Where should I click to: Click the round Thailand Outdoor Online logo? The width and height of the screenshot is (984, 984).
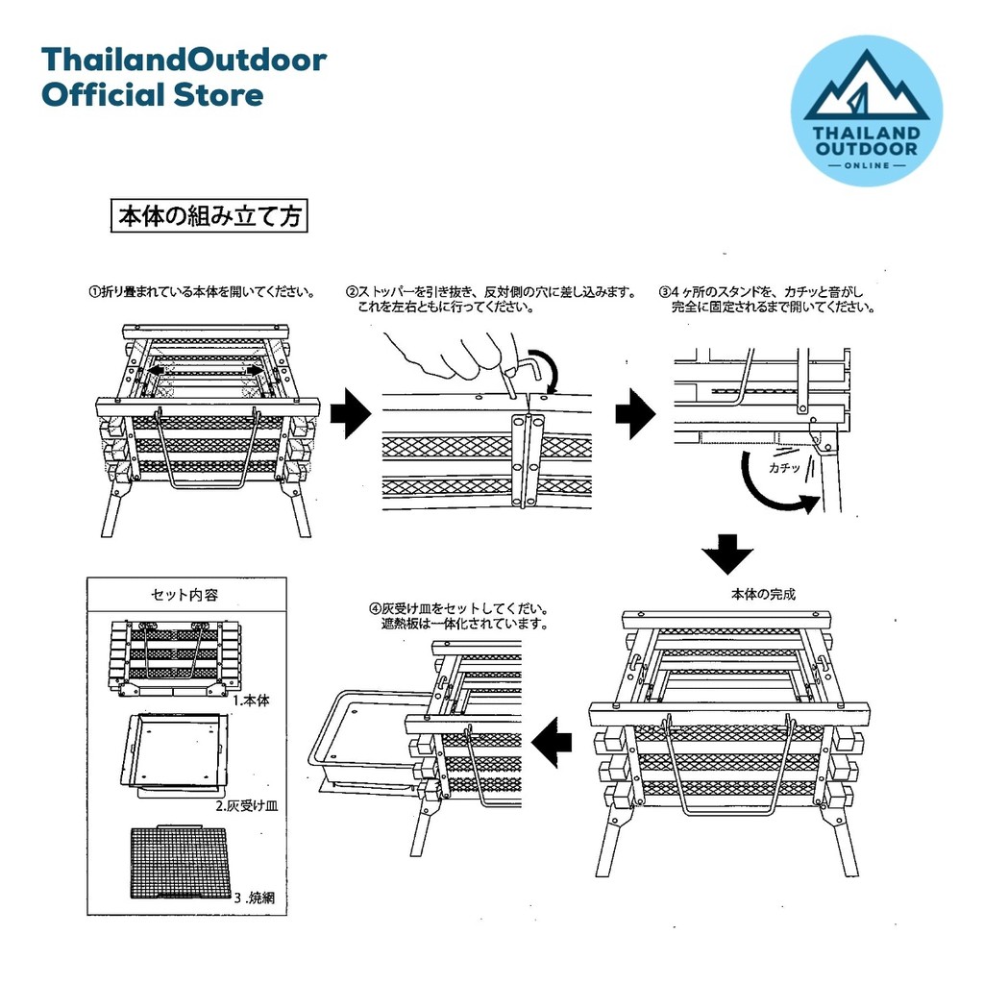(x=866, y=111)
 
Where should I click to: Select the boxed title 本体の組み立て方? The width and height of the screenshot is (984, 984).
(x=209, y=216)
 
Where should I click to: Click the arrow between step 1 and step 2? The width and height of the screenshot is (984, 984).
(x=350, y=412)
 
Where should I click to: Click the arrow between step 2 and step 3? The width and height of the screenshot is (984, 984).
(x=635, y=413)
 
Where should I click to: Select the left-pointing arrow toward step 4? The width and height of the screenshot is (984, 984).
(x=551, y=743)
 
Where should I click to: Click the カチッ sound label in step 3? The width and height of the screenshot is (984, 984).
(x=784, y=468)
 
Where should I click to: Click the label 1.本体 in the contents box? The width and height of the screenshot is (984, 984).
(x=251, y=700)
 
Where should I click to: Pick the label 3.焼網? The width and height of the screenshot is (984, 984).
(x=254, y=898)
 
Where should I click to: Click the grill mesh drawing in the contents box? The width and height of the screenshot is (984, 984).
(x=178, y=863)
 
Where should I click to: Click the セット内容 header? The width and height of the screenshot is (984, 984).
(x=184, y=594)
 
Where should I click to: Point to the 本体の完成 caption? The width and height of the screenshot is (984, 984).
(x=763, y=594)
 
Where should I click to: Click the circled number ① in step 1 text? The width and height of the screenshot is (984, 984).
(x=94, y=292)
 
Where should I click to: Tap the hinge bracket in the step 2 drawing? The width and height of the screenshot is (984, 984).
(x=526, y=459)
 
